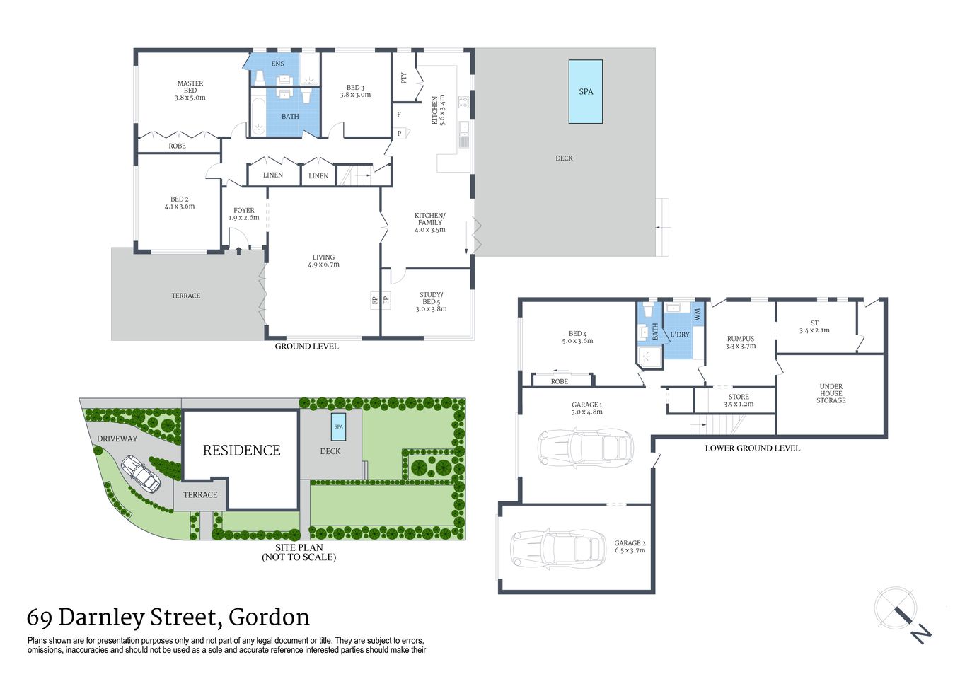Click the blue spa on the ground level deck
(x=586, y=91)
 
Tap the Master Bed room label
(x=190, y=91)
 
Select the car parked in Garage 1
(x=584, y=447)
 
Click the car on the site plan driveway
(x=140, y=473)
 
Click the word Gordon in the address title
(x=269, y=617)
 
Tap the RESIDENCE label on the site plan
(x=241, y=451)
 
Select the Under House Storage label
(x=831, y=393)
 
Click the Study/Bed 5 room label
(x=431, y=302)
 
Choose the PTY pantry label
(x=404, y=78)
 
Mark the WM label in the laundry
(x=697, y=313)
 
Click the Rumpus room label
(x=741, y=342)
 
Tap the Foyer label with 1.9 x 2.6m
(x=244, y=214)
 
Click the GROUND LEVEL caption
(x=306, y=347)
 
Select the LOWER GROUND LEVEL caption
(x=752, y=448)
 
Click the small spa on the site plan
(x=338, y=426)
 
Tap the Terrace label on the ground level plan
(x=185, y=296)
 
